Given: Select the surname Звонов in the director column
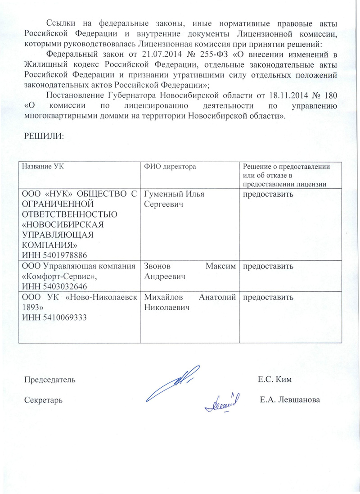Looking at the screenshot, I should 157,266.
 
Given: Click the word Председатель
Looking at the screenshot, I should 49,379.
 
